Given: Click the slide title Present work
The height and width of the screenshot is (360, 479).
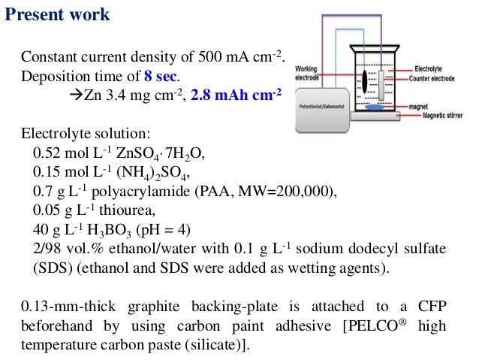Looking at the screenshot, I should [x=58, y=14].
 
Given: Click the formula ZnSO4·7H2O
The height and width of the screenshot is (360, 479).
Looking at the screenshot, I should [x=161, y=153].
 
